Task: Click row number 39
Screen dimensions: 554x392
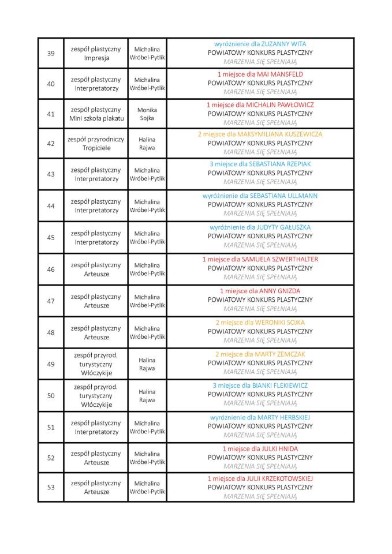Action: [x=51, y=53]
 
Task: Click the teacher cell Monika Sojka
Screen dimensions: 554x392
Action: [x=147, y=114]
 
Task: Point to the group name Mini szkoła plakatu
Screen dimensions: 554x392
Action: [x=96, y=119]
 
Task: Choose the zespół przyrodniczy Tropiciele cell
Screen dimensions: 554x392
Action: [x=96, y=144]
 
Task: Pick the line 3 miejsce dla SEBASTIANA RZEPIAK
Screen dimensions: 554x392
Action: [x=260, y=164]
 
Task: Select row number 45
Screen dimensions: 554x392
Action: [x=51, y=238]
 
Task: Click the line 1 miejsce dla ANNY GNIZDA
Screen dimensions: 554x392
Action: [x=260, y=291]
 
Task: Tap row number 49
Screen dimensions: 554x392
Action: [x=51, y=364]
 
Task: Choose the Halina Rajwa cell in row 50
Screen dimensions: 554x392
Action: [x=147, y=396]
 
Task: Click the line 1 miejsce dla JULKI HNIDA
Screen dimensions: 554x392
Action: [x=260, y=448]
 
